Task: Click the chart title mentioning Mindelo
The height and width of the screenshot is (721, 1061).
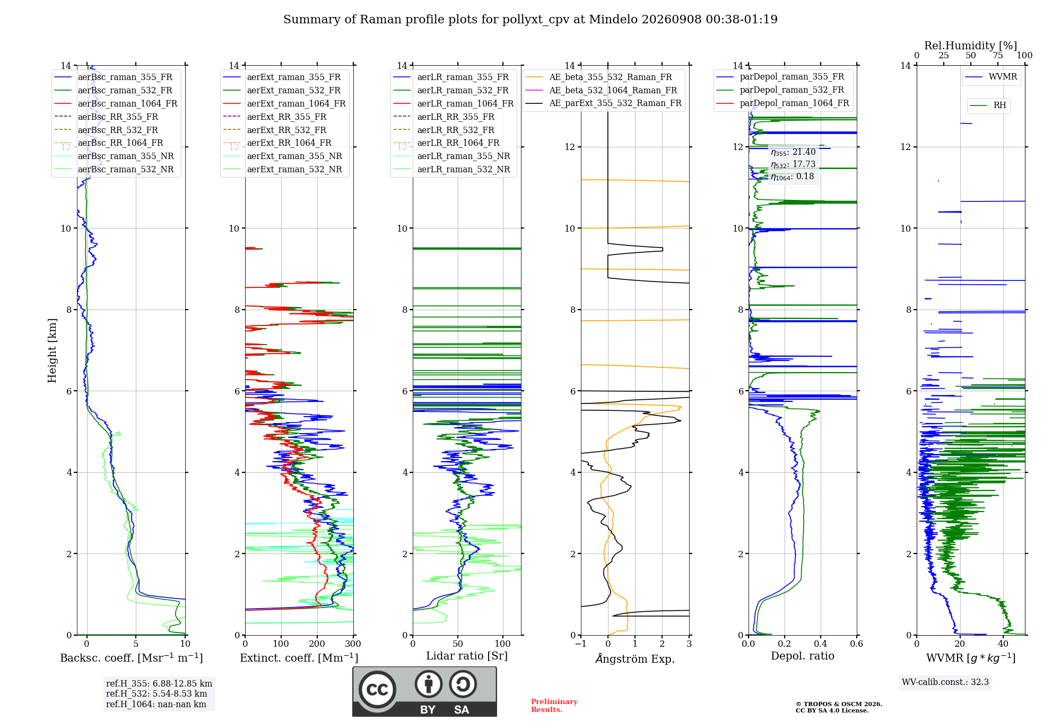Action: [x=530, y=20]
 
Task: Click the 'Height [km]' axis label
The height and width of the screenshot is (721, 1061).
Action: [x=52, y=350]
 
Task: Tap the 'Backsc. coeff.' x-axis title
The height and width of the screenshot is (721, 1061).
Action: [x=132, y=657]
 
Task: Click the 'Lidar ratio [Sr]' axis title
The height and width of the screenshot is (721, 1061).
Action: [x=467, y=656]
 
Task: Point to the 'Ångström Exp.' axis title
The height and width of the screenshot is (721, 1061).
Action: [x=635, y=658]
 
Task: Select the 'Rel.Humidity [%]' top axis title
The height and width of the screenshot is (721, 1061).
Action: [x=971, y=46]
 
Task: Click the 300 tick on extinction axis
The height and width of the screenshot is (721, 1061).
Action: [x=353, y=644]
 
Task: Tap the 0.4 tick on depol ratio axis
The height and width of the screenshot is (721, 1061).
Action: [x=821, y=644]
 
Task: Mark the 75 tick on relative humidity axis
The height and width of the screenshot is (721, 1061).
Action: [x=998, y=55]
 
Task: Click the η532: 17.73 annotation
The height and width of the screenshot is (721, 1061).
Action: [x=793, y=164]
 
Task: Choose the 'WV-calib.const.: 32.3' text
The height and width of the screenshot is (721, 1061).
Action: [x=945, y=682]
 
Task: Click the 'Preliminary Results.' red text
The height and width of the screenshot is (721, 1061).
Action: [x=554, y=706]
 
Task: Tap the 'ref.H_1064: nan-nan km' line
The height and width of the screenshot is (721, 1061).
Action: [x=156, y=704]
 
